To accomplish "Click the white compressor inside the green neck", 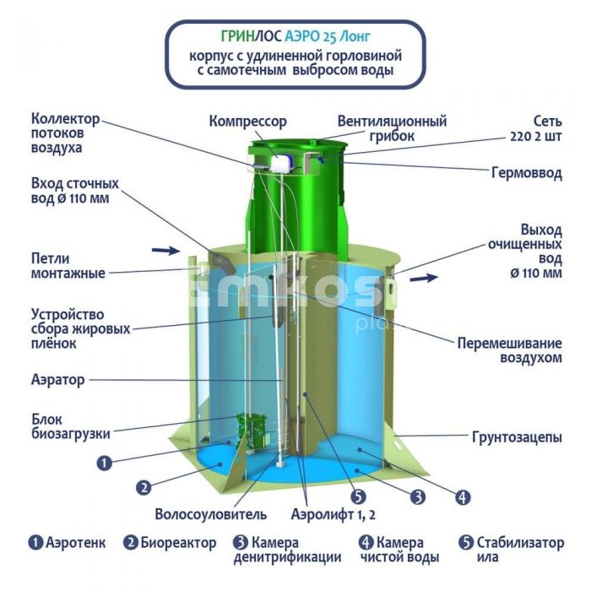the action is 282,164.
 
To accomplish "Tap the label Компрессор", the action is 247,122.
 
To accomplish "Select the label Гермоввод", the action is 527,173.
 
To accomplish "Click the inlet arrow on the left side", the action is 165,250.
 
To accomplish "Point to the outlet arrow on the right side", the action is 424,278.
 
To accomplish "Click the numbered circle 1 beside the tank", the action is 105,463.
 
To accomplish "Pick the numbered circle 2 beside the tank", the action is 144,488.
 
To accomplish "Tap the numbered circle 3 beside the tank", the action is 418,497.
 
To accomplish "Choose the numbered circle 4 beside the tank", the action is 463,497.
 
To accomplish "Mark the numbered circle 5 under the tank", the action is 358,496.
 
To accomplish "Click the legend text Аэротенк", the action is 76,543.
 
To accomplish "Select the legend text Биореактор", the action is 178,543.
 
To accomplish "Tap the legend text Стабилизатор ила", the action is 520,550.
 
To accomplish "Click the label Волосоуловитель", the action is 211,514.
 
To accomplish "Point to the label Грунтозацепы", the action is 517,437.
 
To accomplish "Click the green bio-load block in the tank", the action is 252,431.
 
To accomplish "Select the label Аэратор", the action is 57,380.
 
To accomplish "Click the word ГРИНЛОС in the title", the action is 251,36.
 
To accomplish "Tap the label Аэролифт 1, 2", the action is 333,514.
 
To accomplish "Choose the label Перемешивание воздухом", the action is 510,350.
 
